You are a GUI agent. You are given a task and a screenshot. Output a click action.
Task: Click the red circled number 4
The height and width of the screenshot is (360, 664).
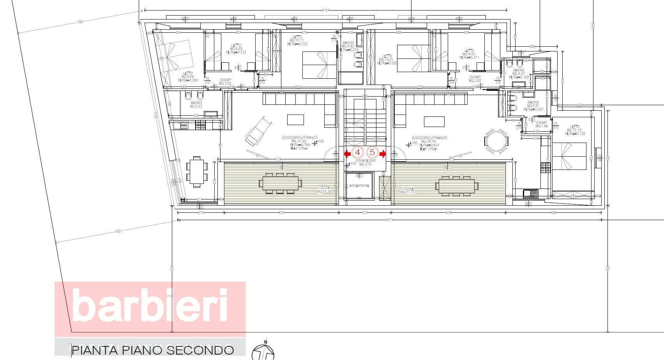(x=358, y=153)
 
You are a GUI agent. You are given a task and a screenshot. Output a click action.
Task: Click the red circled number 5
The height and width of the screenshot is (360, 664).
(x=372, y=153)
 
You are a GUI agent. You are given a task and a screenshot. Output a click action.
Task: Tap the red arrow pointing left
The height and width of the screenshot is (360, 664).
(x=347, y=154)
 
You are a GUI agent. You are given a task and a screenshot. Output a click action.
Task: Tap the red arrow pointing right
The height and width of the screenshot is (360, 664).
(x=383, y=154)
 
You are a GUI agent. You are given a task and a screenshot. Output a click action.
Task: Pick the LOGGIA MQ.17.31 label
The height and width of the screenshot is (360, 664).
(x=408, y=190)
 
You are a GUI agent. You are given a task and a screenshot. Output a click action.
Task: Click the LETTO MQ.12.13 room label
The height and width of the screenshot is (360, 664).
(x=575, y=130)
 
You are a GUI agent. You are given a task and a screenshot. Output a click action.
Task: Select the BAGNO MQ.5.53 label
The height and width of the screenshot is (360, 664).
(x=196, y=104)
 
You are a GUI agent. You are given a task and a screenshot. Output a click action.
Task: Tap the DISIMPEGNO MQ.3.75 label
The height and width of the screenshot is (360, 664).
(x=366, y=162)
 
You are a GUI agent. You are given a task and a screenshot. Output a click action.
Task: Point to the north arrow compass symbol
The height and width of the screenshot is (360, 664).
(x=263, y=352)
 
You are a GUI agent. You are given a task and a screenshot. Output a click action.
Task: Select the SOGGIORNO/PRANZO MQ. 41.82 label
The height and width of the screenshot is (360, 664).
(x=299, y=141)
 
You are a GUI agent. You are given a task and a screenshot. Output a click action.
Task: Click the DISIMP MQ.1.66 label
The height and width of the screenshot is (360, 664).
(x=541, y=124)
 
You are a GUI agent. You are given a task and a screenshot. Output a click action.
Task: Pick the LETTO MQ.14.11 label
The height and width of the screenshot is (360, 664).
(x=297, y=40)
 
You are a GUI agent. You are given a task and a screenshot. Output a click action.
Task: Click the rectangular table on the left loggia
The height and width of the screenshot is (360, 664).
(x=281, y=183)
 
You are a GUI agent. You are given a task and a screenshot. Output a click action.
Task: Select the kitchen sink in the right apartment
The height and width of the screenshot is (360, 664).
(x=530, y=193)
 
